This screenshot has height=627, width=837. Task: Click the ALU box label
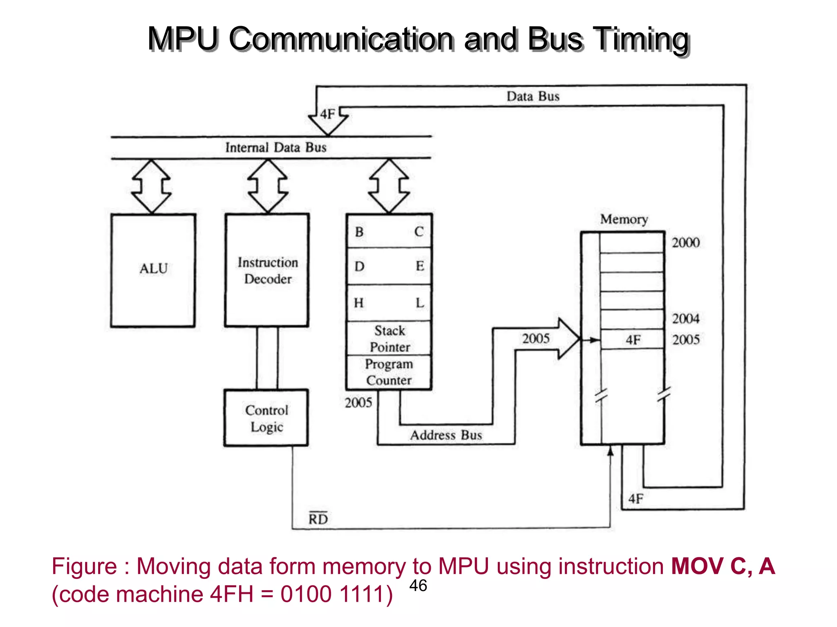(x=154, y=269)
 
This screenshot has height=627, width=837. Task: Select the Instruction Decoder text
(x=268, y=271)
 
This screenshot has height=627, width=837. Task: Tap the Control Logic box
(x=266, y=418)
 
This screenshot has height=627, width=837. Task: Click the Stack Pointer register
(x=389, y=338)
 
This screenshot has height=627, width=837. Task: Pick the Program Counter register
(x=389, y=372)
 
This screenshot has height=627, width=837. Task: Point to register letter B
(x=359, y=232)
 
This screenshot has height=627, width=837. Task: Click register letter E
(x=420, y=266)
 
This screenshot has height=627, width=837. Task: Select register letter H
(x=358, y=303)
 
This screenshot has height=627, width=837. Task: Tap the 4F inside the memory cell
(x=633, y=340)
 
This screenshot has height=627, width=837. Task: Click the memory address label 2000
(x=686, y=242)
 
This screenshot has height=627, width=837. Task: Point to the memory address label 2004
(x=686, y=318)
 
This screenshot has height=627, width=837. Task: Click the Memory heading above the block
(x=624, y=219)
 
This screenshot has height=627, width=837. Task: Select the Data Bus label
(x=533, y=96)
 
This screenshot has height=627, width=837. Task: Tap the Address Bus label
(x=446, y=435)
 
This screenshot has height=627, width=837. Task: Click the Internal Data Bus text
(x=276, y=147)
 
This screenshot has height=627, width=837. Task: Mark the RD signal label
(x=318, y=519)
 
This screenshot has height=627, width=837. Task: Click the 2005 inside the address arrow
(x=536, y=338)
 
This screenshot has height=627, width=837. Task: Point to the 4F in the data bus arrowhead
(x=327, y=114)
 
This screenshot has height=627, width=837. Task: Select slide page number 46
(x=418, y=585)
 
